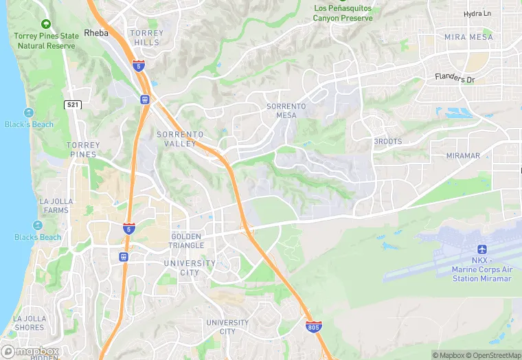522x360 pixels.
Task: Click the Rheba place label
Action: click(x=96, y=32)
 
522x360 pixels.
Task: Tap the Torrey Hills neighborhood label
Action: click(x=146, y=37)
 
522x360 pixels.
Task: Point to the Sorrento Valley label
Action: click(x=181, y=139)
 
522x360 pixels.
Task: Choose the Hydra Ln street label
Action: click(x=477, y=14)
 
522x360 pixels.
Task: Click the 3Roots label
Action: click(x=387, y=142)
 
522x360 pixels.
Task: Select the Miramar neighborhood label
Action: click(x=463, y=156)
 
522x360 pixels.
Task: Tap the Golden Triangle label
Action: click(x=187, y=241)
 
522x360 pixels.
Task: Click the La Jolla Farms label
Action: click(x=54, y=205)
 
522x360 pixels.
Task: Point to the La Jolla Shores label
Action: click(x=29, y=323)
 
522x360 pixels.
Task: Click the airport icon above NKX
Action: click(x=481, y=249)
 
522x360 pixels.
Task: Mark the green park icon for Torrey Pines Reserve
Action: click(x=45, y=23)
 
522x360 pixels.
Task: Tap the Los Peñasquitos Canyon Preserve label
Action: click(x=342, y=13)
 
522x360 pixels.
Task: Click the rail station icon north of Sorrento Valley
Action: click(x=145, y=99)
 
